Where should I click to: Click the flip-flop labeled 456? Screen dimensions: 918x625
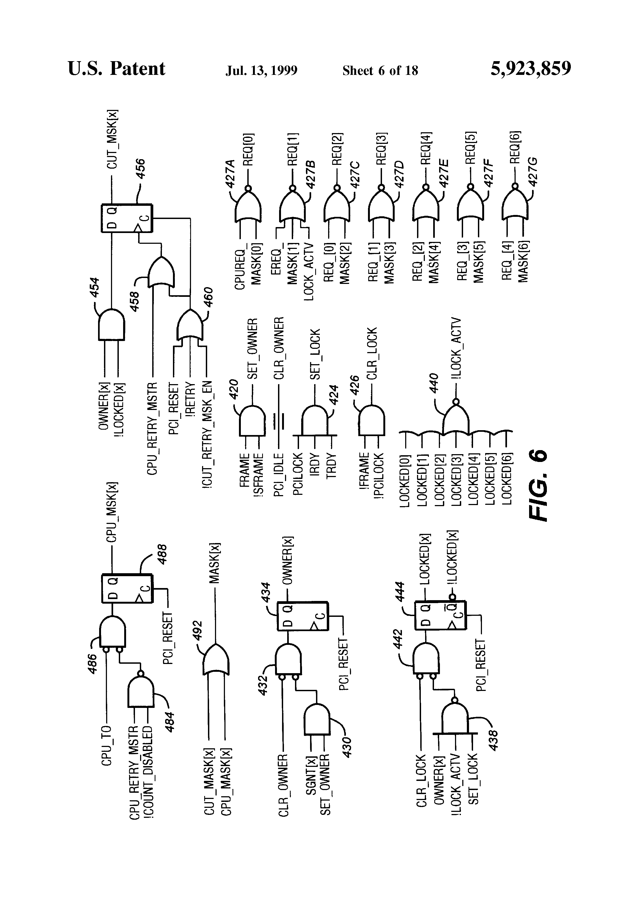click(x=126, y=218)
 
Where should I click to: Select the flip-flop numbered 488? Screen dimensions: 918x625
click(x=126, y=589)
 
